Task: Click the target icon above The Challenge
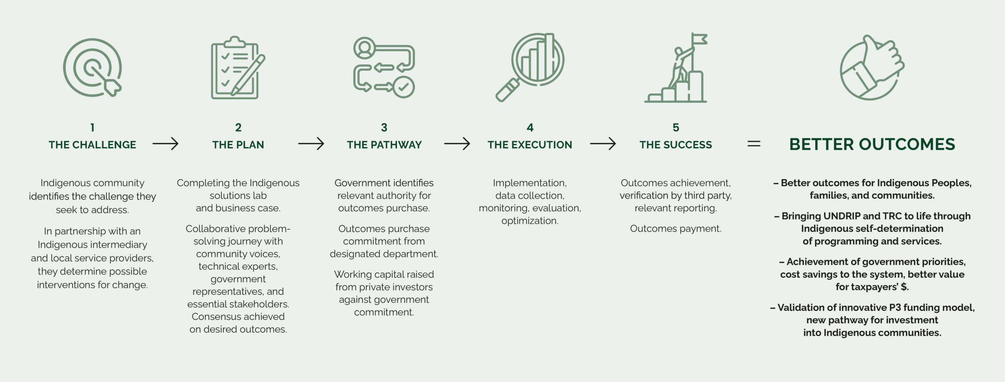(92, 68)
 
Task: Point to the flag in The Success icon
(700, 40)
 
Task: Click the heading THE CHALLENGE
(92, 145)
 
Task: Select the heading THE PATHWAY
(384, 145)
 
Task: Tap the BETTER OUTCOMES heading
(872, 144)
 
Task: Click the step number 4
(530, 128)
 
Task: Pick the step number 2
(238, 128)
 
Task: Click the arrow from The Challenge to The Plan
(165, 144)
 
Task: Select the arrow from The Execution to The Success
(603, 144)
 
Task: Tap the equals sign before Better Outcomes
(753, 144)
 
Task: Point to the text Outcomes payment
(675, 228)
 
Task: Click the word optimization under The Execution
(530, 221)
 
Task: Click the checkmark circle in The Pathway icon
(404, 87)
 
